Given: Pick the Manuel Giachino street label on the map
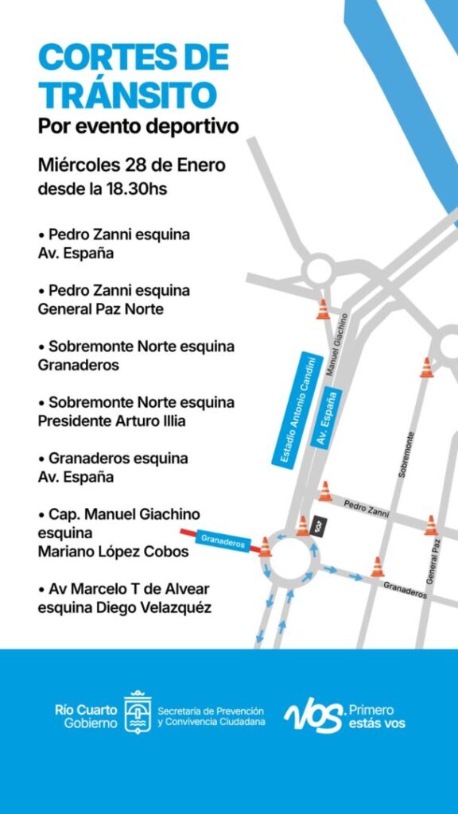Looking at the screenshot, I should [338, 343].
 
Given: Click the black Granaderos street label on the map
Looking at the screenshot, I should [405, 588].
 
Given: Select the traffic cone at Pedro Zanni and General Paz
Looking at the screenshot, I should [431, 525].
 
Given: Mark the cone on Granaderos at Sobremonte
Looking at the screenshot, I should [377, 567].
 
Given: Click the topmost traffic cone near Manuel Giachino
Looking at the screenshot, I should [323, 309].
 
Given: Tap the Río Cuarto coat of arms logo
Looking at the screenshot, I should [138, 712].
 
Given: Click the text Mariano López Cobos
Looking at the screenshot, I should [114, 552].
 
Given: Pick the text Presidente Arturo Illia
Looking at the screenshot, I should [111, 421].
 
